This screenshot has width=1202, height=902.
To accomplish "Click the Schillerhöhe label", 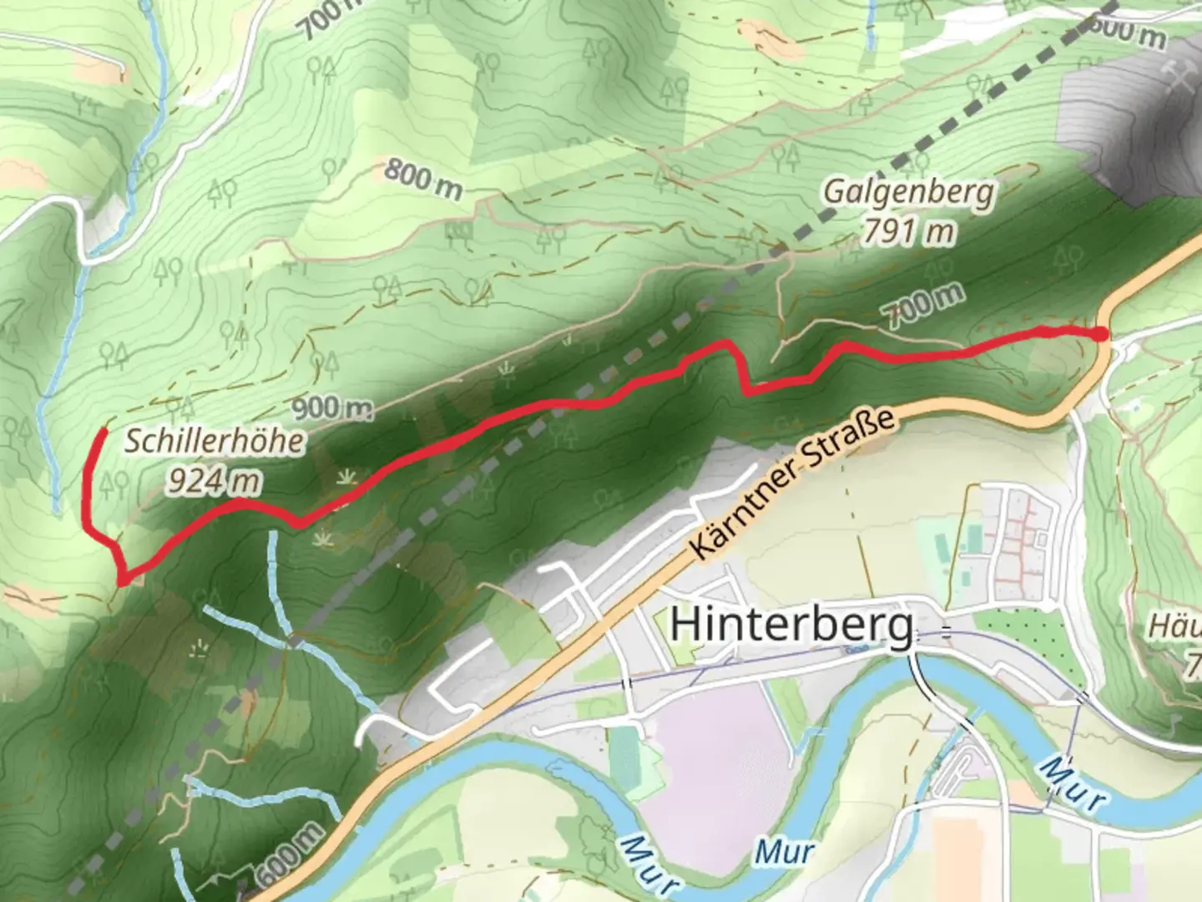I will pyautogui.click(x=214, y=441).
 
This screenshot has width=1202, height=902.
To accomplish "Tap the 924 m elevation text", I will pyautogui.click(x=214, y=481).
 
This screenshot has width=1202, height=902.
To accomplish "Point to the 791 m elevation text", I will pyautogui.click(x=908, y=231).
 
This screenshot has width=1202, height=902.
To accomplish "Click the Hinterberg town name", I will pyautogui.click(x=791, y=625).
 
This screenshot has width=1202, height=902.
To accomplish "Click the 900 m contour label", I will pyautogui.click(x=332, y=408).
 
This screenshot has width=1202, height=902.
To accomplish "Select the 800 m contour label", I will pyautogui.click(x=423, y=180).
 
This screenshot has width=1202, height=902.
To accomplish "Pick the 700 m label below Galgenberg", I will pyautogui.click(x=925, y=305).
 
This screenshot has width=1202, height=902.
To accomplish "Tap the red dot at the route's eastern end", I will pyautogui.click(x=1101, y=334).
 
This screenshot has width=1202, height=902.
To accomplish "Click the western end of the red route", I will pyautogui.click(x=103, y=430).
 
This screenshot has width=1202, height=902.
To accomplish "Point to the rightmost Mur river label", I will pyautogui.click(x=1073, y=785).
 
